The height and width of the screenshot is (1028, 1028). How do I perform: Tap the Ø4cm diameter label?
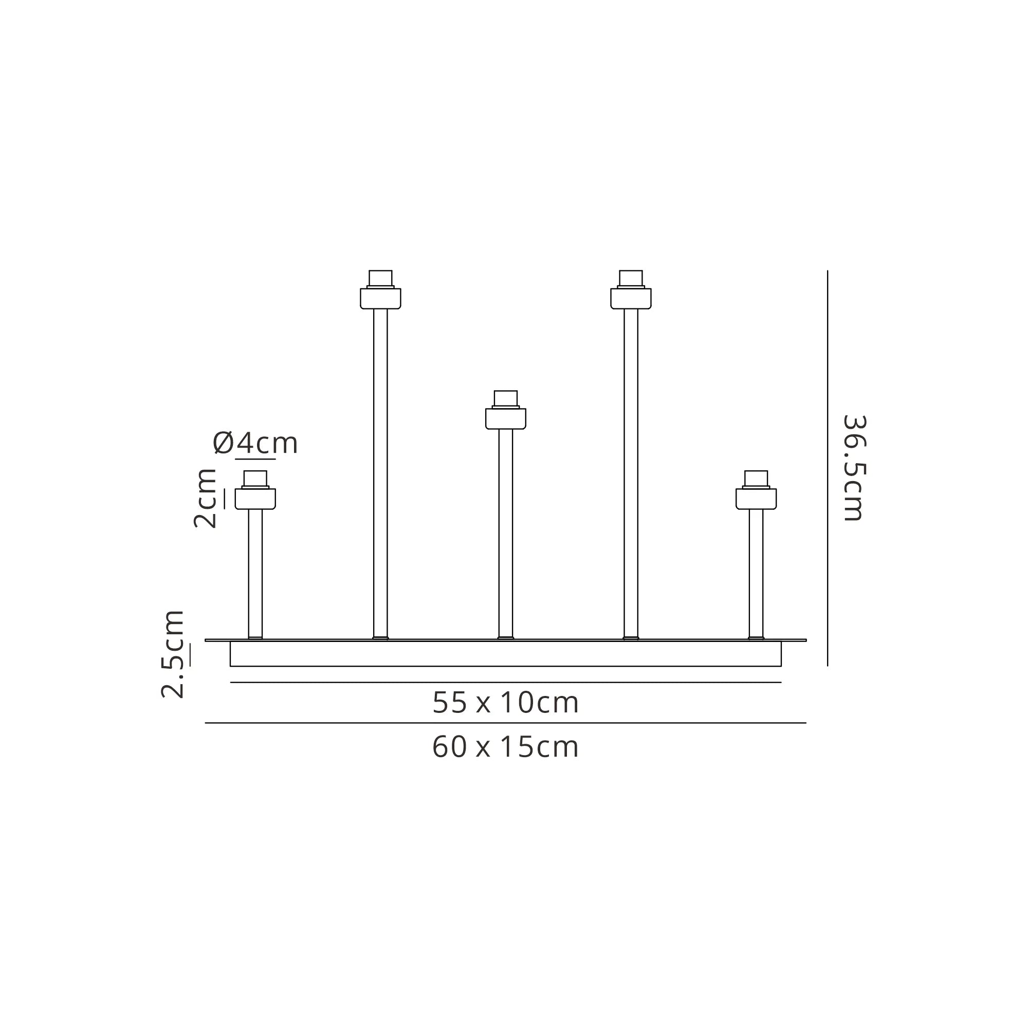(x=255, y=443)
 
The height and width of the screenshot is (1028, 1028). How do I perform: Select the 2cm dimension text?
(x=205, y=499)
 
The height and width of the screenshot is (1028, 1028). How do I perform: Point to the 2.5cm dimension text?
(x=172, y=654)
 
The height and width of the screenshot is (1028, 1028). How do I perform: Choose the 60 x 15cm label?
(x=505, y=747)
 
